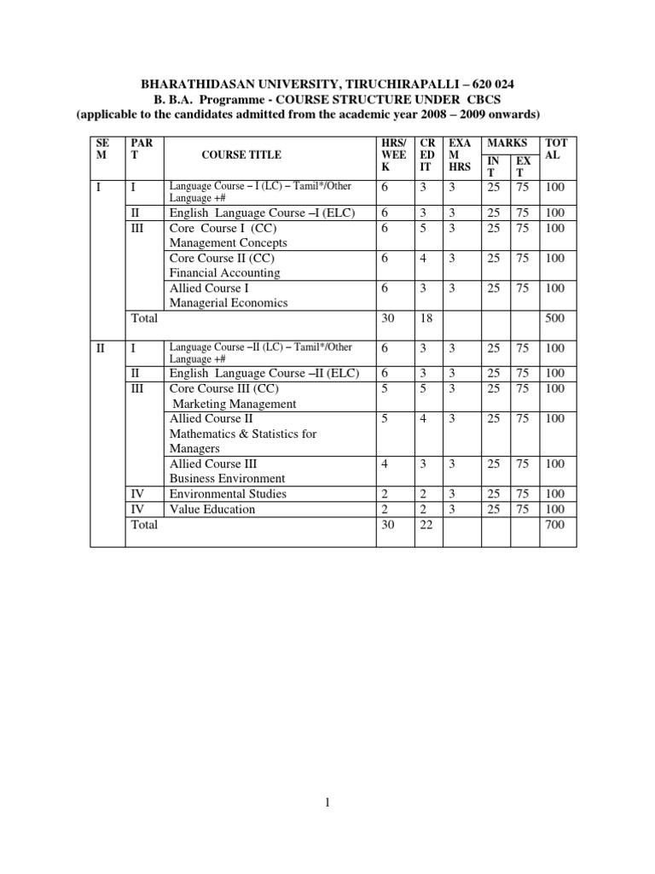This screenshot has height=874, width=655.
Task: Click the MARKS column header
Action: point(506,143)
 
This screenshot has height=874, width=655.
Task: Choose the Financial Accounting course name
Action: point(224,273)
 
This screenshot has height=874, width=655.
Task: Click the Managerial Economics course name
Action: point(229,302)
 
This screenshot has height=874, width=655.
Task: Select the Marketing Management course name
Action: point(235,404)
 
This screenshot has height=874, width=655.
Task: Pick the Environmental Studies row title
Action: point(228,493)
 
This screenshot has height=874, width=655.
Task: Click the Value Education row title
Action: point(212,509)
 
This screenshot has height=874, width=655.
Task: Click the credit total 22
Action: point(424,525)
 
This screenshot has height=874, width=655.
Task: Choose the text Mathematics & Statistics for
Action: point(243,434)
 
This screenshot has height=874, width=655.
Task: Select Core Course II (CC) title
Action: point(222,258)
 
